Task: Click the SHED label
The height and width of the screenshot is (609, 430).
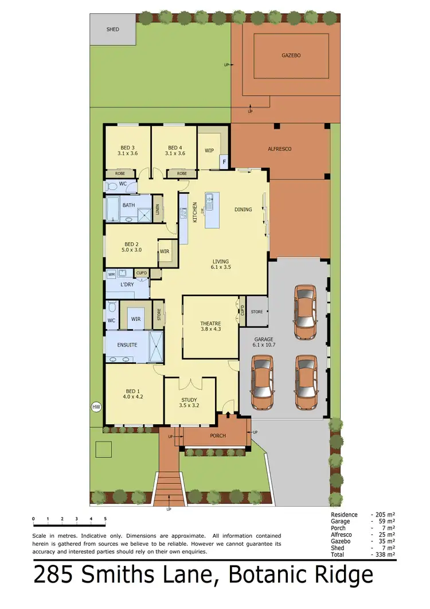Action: coord(113,29)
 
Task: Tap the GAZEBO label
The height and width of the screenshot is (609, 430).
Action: coord(291,56)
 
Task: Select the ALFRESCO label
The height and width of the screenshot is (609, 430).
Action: coord(280,149)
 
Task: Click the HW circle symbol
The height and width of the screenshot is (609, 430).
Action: coord(96,407)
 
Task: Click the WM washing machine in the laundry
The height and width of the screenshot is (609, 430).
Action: coord(111,275)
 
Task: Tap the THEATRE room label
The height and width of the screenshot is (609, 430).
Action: coord(211,323)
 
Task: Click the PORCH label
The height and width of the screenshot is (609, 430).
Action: coord(218,436)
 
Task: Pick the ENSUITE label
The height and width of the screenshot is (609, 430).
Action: coord(127,345)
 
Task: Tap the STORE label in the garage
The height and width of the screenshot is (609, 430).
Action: coord(257,312)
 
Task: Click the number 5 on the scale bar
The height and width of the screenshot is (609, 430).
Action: coord(105,519)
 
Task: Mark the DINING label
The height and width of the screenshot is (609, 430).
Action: coord(243,210)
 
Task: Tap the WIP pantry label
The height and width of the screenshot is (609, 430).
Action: coord(209,150)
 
